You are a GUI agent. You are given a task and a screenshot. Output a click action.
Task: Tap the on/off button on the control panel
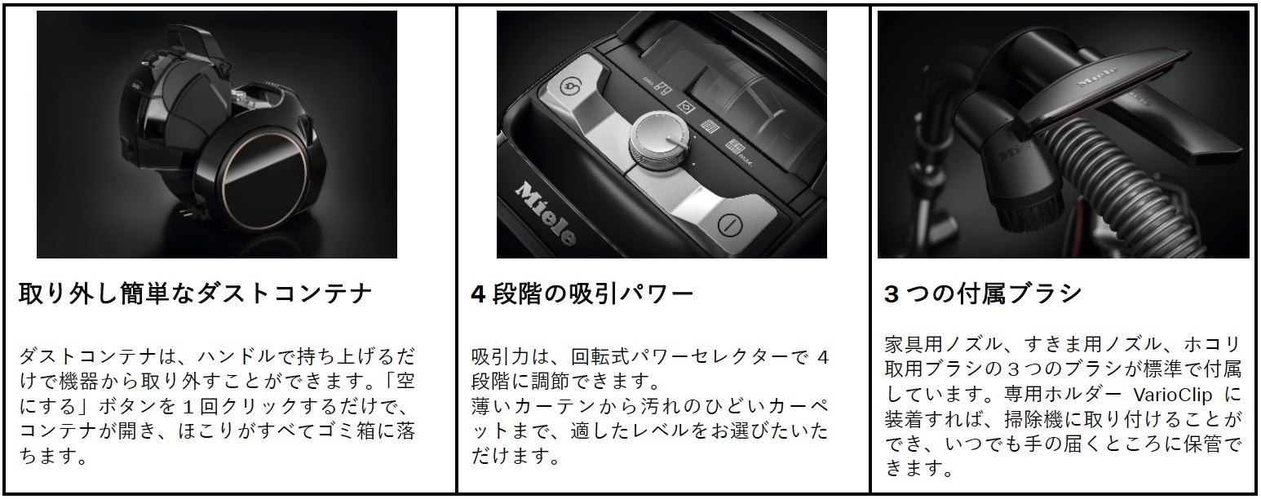coord(730,225)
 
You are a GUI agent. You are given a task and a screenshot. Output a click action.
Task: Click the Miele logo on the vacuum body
coord(546,213)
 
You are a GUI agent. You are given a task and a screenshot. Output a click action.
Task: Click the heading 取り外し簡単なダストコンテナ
coord(195,294)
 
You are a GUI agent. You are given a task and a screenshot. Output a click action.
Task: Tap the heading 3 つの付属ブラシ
coord(983,294)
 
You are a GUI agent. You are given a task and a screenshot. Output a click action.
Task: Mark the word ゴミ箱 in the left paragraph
coord(346,431)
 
